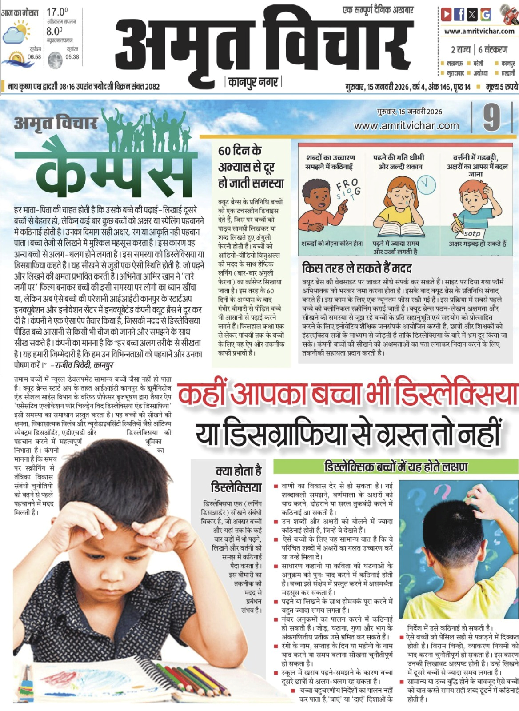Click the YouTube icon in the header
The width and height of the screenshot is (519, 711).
coord(446,15)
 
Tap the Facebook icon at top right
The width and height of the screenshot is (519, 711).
coord(459,15)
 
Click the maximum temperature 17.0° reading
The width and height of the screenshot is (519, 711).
coord(57,12)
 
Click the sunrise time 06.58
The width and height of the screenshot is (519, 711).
coord(34,57)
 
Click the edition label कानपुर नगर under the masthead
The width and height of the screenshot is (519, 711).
coord(253,82)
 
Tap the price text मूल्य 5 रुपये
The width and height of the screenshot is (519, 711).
coord(501,87)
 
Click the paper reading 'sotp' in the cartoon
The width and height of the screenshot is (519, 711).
coord(472,233)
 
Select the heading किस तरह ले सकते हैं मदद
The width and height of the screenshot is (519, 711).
coord(356,268)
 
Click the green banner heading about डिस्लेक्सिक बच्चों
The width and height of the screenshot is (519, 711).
coord(395,467)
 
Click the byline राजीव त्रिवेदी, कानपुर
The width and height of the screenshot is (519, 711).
coord(82,365)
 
